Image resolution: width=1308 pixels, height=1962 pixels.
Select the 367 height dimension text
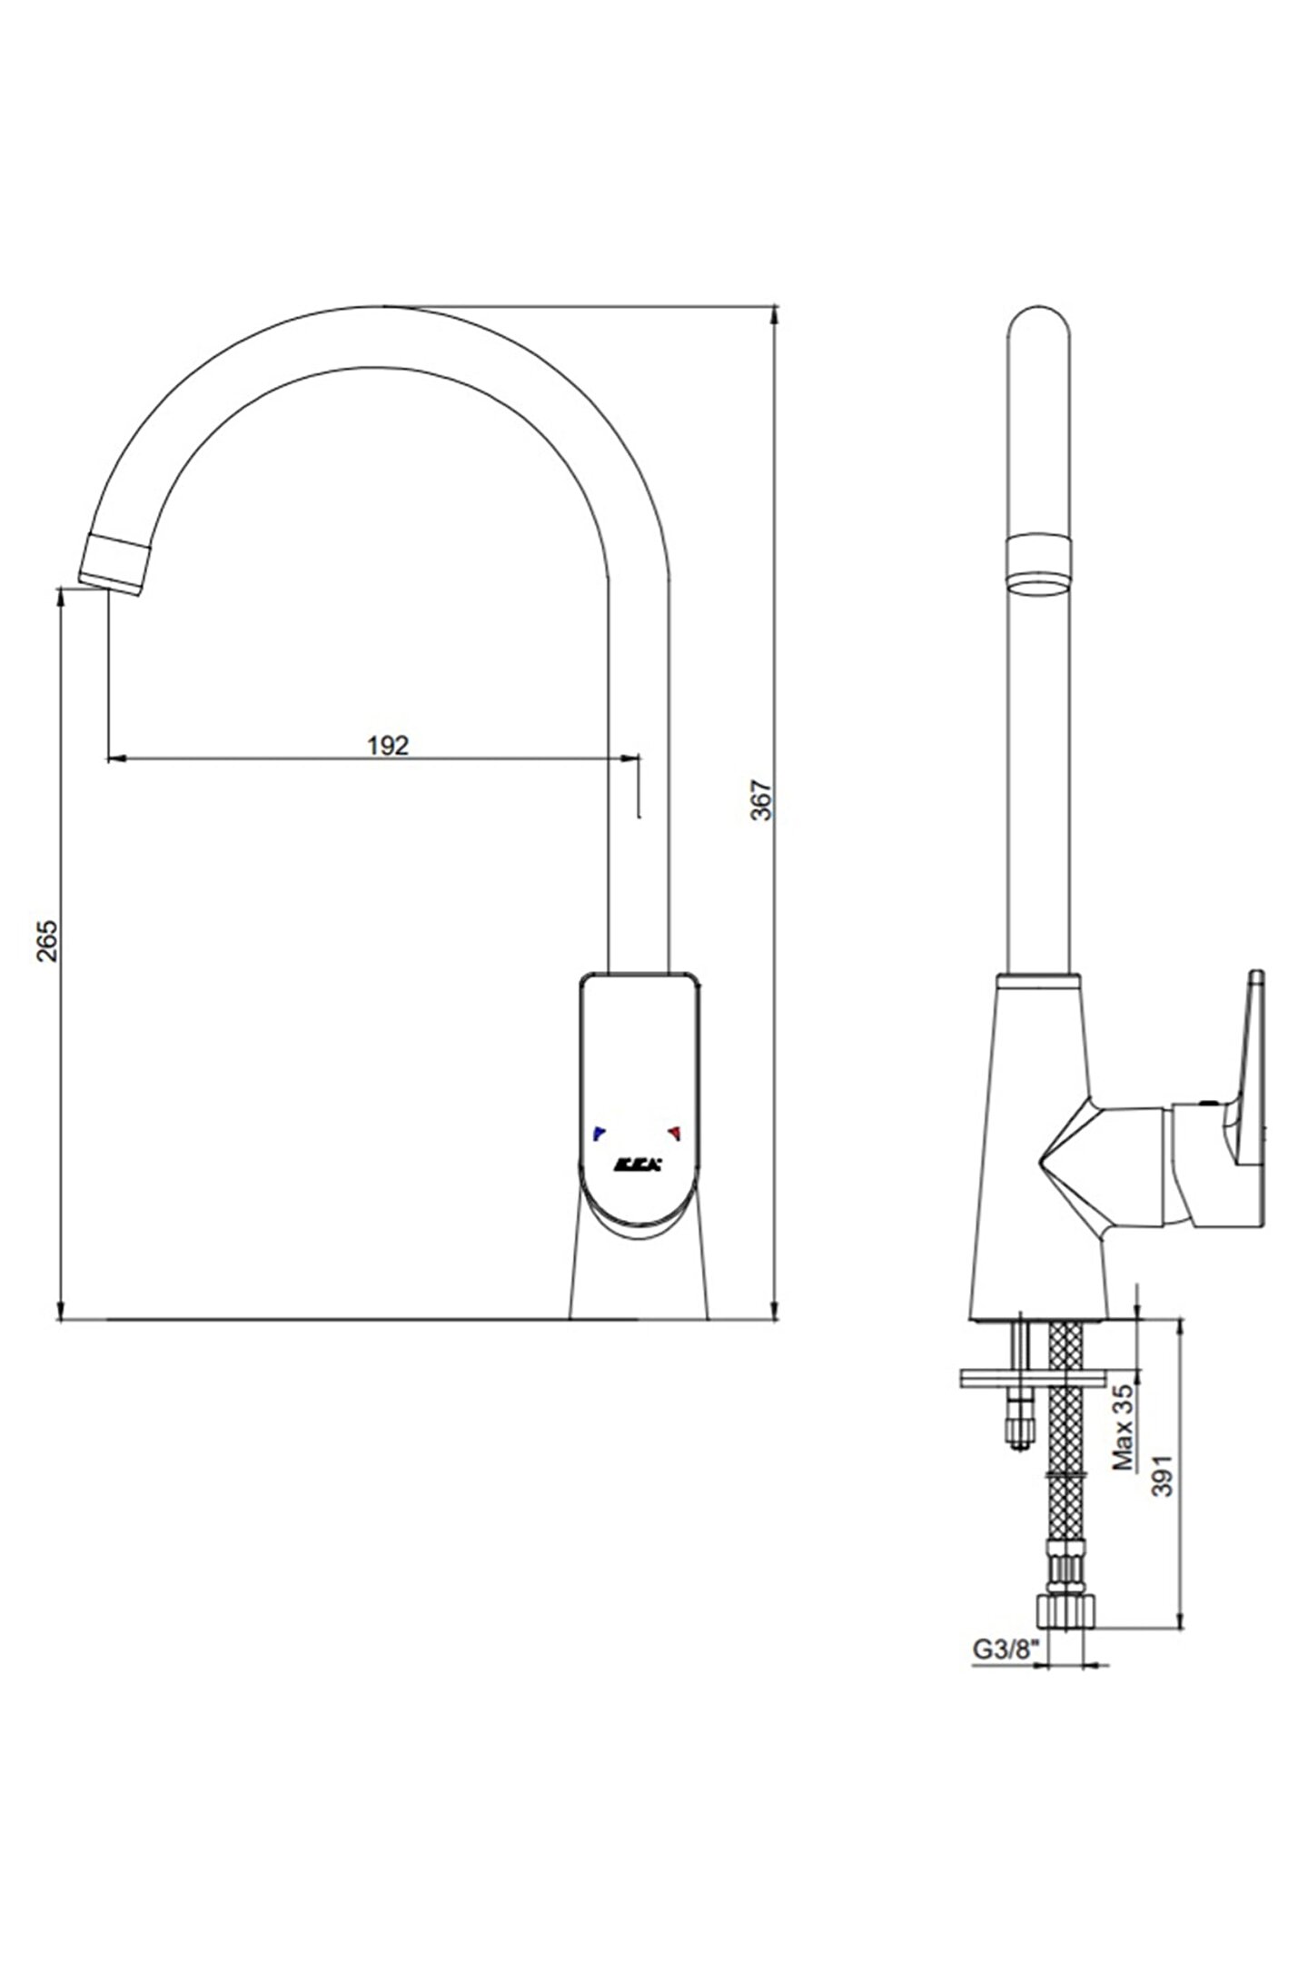coord(764,799)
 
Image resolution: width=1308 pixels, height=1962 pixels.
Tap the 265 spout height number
coord(48,940)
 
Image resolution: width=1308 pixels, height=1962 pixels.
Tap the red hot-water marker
coord(674,1131)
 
